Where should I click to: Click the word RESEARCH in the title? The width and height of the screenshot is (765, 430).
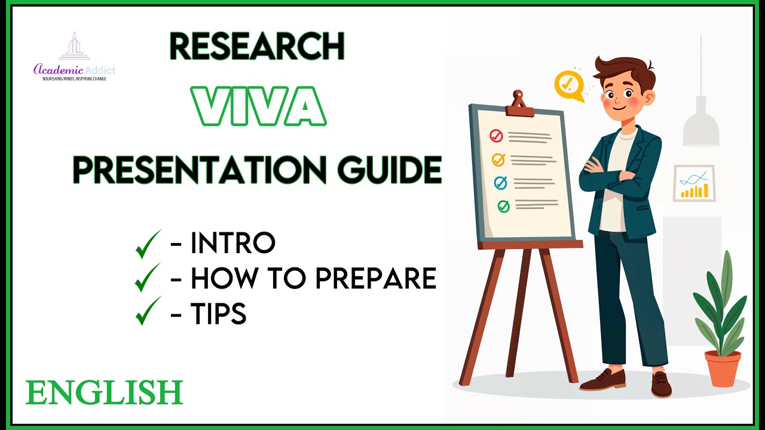tap(257, 47)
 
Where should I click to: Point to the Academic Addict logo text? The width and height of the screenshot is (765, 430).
tap(75, 70)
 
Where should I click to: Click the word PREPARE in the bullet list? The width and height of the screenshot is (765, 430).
tap(375, 278)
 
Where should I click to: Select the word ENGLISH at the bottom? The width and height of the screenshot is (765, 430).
tap(104, 393)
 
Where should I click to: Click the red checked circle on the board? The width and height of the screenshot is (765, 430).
tap(496, 136)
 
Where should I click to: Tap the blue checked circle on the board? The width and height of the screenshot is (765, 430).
tap(501, 183)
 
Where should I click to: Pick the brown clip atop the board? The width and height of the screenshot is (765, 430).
tap(518, 105)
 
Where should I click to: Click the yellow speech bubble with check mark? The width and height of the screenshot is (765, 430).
tap(567, 85)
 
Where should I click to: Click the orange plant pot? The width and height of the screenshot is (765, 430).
tap(722, 368)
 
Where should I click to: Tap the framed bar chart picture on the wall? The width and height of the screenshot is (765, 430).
tap(694, 183)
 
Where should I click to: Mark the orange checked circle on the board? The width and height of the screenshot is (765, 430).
tap(498, 159)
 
